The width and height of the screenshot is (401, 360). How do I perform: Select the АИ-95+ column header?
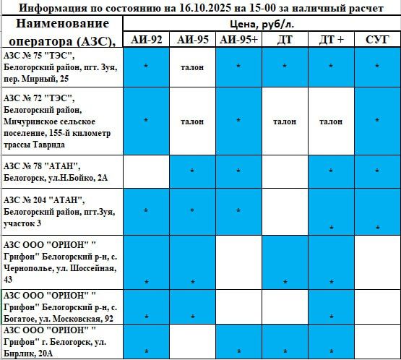pyautogui.click(x=238, y=39)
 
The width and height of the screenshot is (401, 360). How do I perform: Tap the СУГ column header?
pyautogui.click(x=378, y=39)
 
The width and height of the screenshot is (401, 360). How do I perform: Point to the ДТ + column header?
pyautogui.click(x=331, y=39)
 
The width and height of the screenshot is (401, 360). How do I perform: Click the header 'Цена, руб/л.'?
pyautogui.click(x=262, y=24)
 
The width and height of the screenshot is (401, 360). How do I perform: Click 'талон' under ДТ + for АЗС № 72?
pyautogui.click(x=331, y=121)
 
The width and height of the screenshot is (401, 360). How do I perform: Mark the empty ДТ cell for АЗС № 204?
pyautogui.click(x=285, y=211)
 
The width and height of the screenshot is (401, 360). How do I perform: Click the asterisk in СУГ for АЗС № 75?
pyautogui.click(x=378, y=67)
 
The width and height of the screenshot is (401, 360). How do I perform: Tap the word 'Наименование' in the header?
pyautogui.click(x=61, y=25)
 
